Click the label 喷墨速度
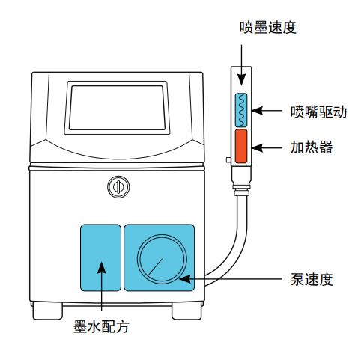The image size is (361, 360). point(268,27)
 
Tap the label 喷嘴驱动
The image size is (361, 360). point(318,112)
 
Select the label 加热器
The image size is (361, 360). point(312,147)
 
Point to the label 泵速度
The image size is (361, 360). point(312,279)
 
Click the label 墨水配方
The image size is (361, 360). point(101,326)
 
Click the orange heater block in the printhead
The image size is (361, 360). point(241,146)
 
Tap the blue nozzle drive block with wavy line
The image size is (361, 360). point(241,110)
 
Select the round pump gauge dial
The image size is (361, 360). point(162,259)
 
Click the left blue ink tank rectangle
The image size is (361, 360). point(100,257)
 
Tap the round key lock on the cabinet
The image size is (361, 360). point(118,187)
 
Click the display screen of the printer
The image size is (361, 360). point(117,108)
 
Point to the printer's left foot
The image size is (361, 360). point(47,311)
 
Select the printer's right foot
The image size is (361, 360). point(186,311)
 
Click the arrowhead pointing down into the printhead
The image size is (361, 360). point(241,80)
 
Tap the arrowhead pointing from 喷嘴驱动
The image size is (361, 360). point(258,110)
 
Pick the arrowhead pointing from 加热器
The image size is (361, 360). point(258,147)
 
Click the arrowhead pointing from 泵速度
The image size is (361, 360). point(185,279)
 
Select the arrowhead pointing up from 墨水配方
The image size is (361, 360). point(102,267)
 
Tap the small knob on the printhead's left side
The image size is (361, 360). point(228,159)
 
